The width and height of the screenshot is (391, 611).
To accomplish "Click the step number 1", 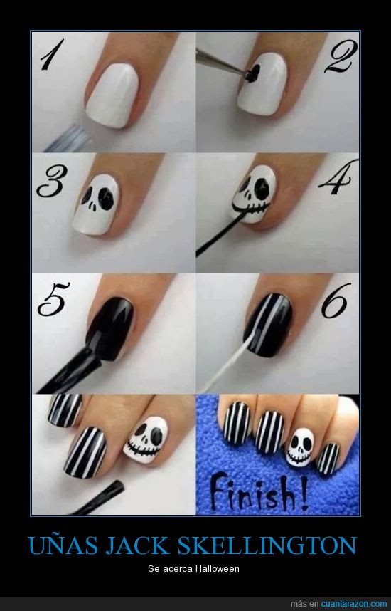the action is click(52, 55).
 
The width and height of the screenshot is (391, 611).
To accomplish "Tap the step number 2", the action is click(341, 56).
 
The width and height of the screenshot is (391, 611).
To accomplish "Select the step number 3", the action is click(52, 181).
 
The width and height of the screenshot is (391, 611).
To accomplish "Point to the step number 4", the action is click(338, 178).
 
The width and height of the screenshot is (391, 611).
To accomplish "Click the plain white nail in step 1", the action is click(112, 95).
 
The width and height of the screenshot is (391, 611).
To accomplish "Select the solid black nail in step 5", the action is click(110, 328).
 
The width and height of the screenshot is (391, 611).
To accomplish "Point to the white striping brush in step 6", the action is click(225, 365).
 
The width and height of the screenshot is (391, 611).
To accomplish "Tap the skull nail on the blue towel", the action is click(299, 446).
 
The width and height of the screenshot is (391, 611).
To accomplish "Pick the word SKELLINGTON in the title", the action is click(267, 545).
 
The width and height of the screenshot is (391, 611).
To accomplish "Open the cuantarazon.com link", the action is click(354, 604).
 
